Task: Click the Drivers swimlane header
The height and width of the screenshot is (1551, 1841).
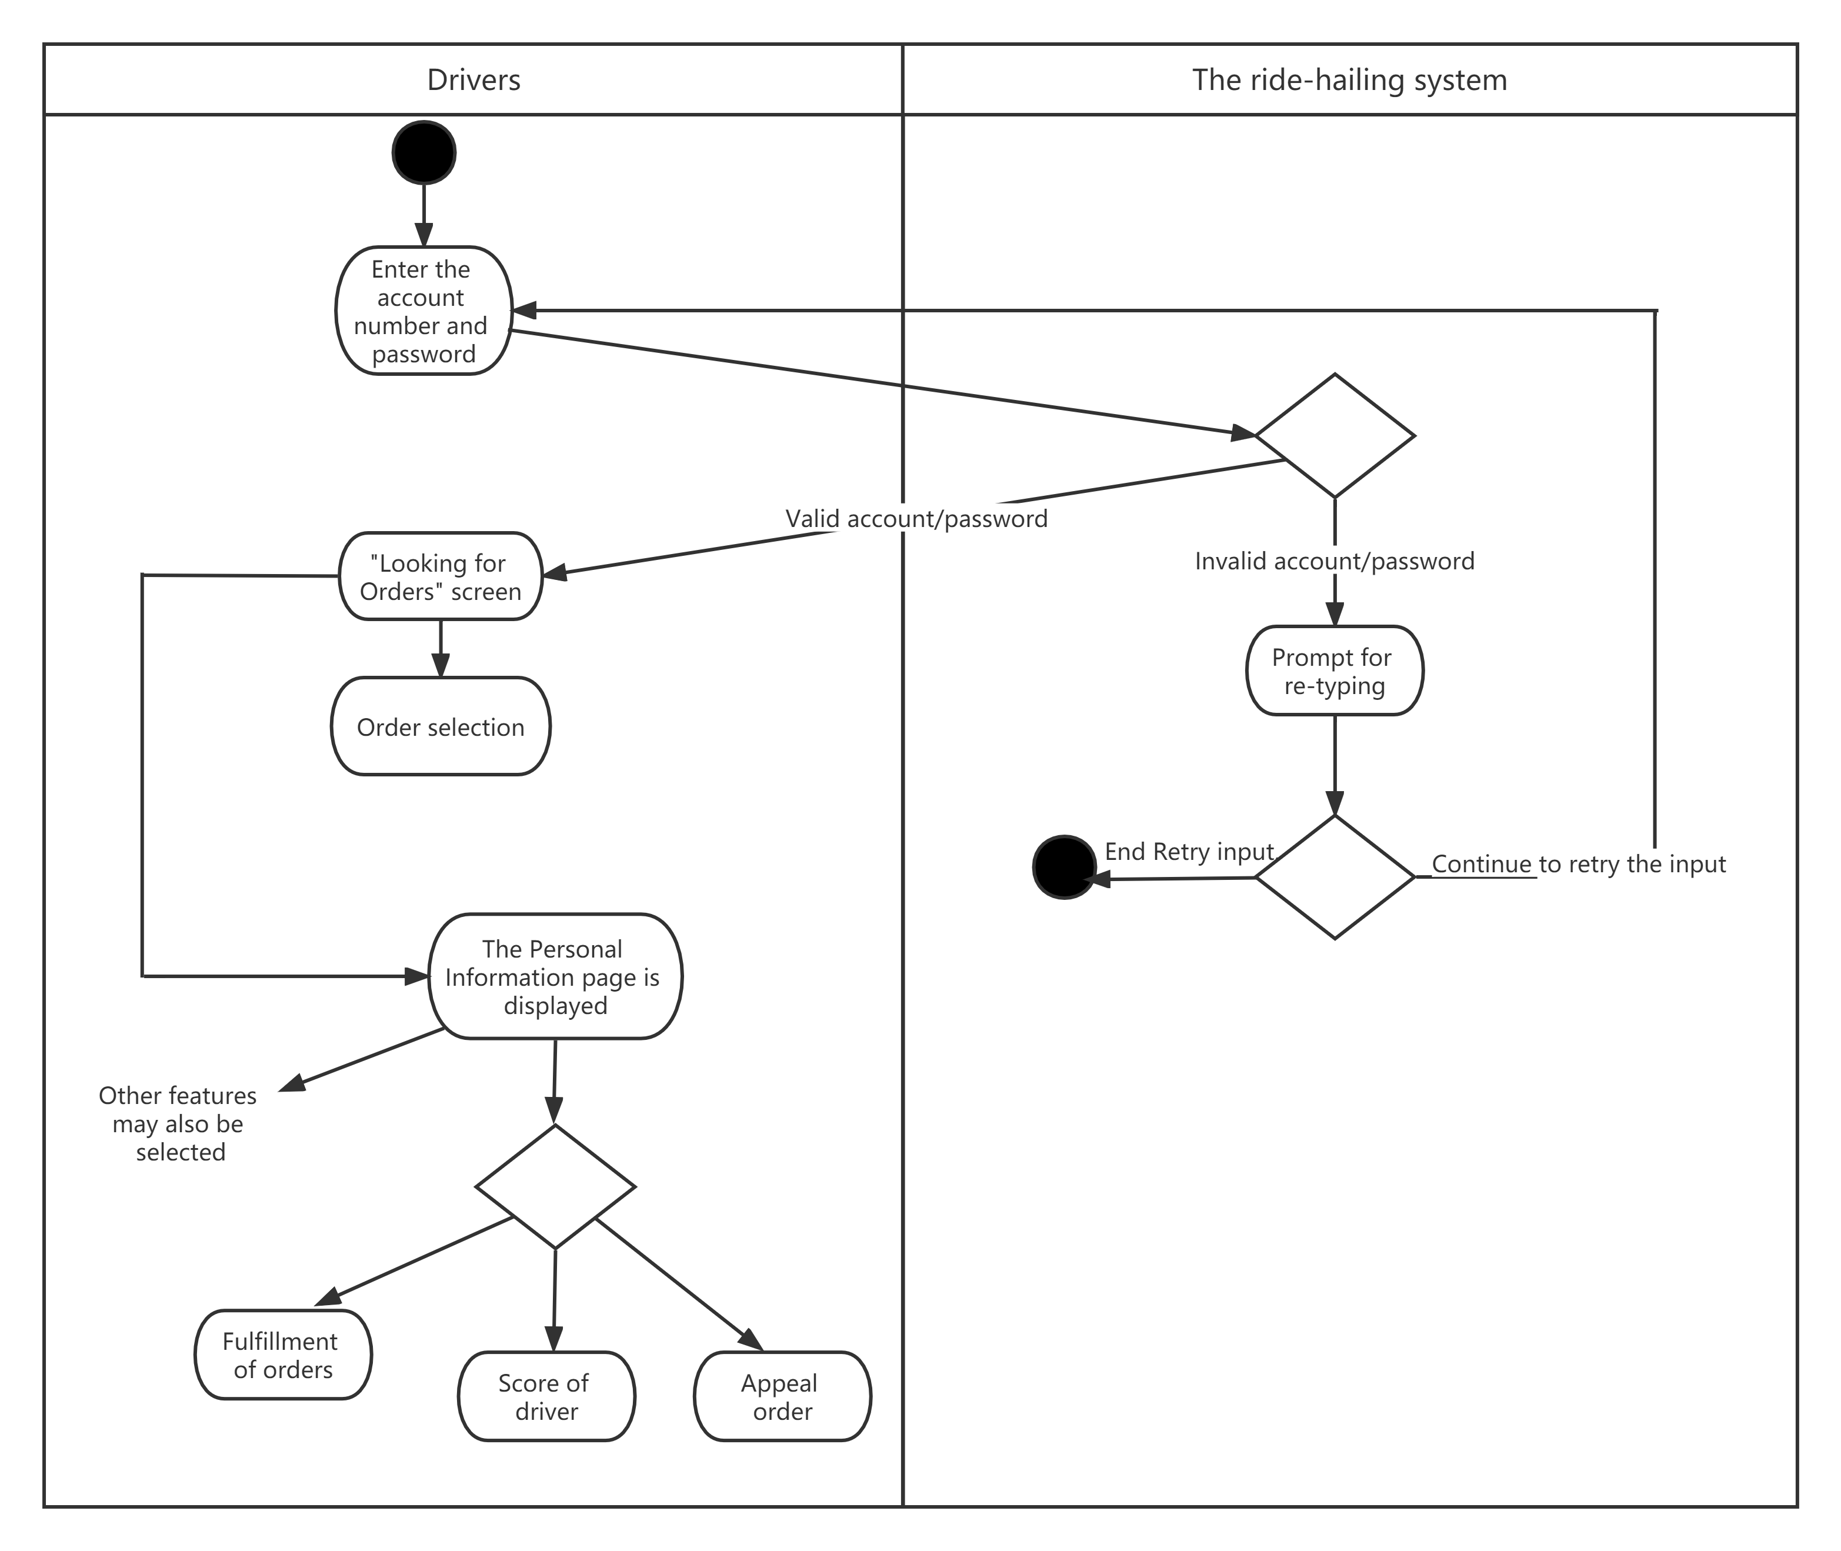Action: point(473,80)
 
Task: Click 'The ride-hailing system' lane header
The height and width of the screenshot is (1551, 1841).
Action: point(1349,80)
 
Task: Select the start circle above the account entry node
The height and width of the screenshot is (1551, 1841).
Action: point(423,153)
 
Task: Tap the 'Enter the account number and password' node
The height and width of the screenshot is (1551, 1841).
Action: point(423,311)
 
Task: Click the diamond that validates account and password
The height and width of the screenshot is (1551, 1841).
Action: point(1334,435)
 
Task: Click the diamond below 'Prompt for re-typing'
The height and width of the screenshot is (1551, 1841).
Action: point(1334,876)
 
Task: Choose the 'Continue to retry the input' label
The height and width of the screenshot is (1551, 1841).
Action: point(1578,863)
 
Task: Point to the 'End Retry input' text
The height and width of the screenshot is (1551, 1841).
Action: point(1189,851)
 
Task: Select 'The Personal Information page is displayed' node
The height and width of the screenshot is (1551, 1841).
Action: point(554,977)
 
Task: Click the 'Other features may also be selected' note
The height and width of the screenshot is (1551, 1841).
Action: point(178,1123)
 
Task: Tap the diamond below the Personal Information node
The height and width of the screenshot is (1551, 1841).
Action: point(554,1186)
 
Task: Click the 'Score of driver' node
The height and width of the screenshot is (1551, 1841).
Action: point(545,1396)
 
